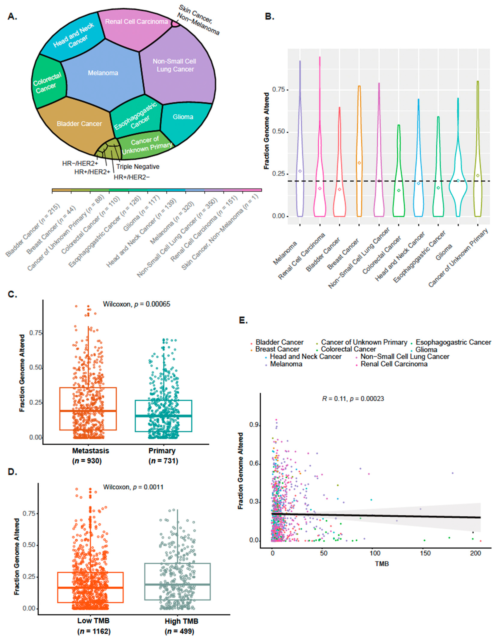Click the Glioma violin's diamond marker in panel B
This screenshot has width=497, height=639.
(458, 181)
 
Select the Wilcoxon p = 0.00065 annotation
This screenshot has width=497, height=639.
(137, 304)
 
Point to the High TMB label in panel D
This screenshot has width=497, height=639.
(181, 621)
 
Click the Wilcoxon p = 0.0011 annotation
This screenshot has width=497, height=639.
(133, 487)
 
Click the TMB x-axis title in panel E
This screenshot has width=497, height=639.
(382, 564)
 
